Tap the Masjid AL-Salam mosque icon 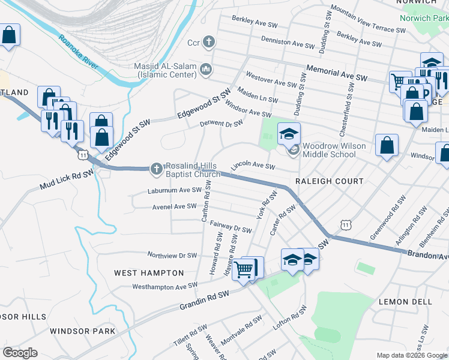206,70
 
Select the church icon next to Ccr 208,42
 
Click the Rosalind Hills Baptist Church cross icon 156,169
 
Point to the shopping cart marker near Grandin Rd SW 244,270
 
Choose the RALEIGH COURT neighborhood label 329,181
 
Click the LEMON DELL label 402,302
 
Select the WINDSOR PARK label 82,331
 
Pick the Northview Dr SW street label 172,255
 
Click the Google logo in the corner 20,353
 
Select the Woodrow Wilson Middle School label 329,150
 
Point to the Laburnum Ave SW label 175,191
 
